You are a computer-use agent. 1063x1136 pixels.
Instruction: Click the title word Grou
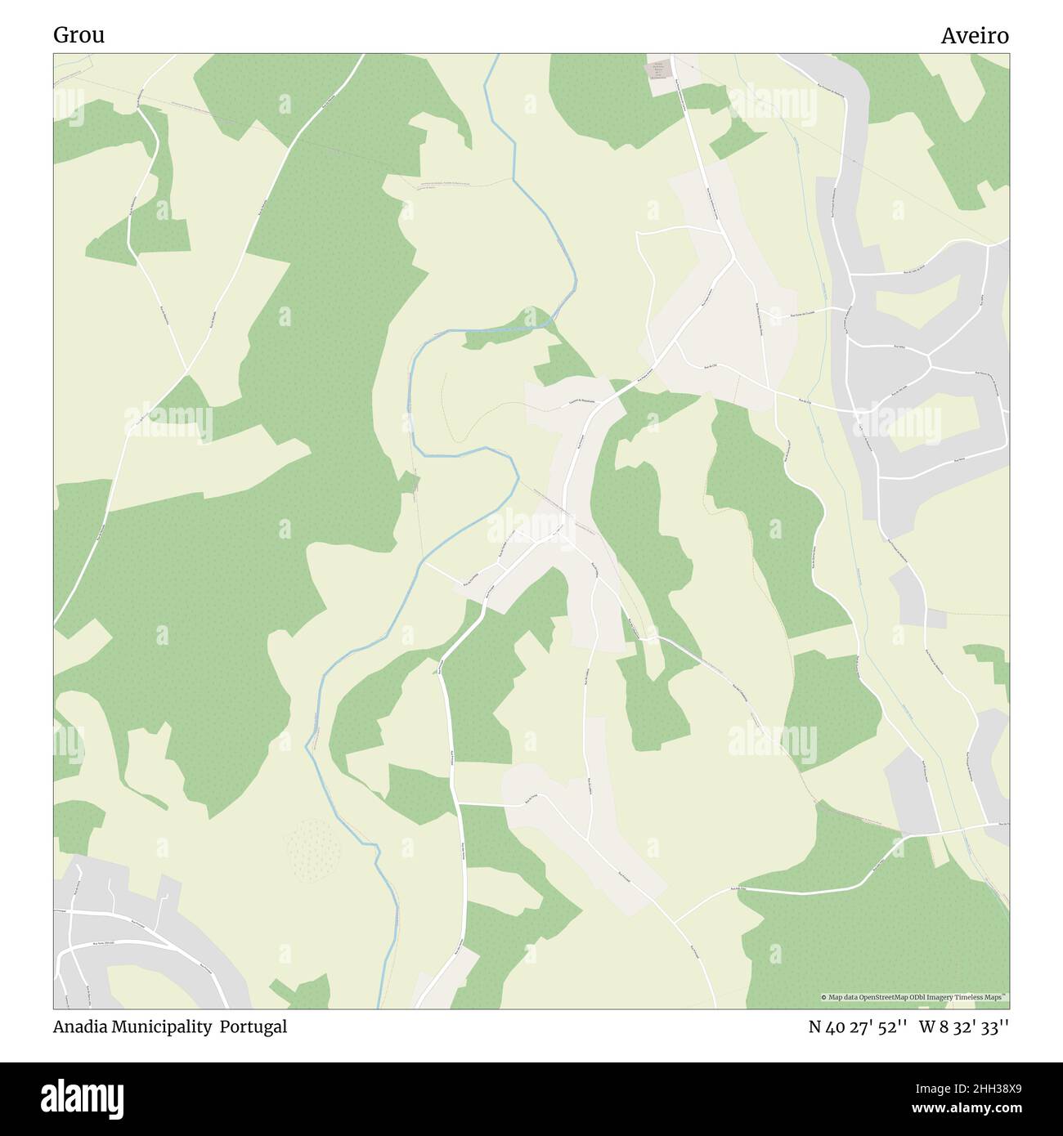[x=78, y=35]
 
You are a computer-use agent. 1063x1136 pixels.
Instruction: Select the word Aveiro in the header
[x=974, y=36]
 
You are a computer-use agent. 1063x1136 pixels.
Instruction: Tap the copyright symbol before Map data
[x=824, y=997]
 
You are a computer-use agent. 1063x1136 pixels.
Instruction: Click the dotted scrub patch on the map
[x=314, y=849]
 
